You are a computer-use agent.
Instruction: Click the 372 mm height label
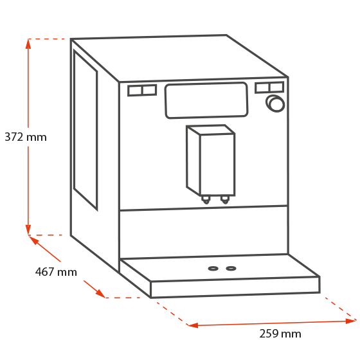pos(26,137)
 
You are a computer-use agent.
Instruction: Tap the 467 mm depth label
pos(56,271)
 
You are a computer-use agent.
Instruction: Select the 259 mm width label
pos(280,334)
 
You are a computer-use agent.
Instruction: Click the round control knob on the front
pos(275,104)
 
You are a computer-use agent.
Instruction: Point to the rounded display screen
pos(206,100)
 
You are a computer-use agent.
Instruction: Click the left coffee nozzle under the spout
pos(206,200)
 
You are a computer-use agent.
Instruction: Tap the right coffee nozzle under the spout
pos(225,199)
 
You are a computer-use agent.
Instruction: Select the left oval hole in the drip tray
pos(213,269)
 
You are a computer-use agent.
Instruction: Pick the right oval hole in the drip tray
pos(231,268)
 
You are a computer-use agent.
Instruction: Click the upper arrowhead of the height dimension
pos(28,44)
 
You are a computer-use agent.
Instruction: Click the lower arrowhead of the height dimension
pos(28,230)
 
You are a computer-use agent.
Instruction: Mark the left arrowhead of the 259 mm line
pos(193,325)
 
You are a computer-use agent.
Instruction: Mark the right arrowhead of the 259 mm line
pos(351,321)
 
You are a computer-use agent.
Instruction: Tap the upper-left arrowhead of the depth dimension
pos(33,240)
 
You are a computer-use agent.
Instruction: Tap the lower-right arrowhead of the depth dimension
pos(100,293)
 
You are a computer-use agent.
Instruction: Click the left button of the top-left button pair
pos(135,91)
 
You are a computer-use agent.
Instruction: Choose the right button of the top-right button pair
pos(276,87)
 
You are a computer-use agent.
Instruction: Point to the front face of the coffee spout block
pos(217,164)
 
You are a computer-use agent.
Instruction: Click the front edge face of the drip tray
pos(235,287)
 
